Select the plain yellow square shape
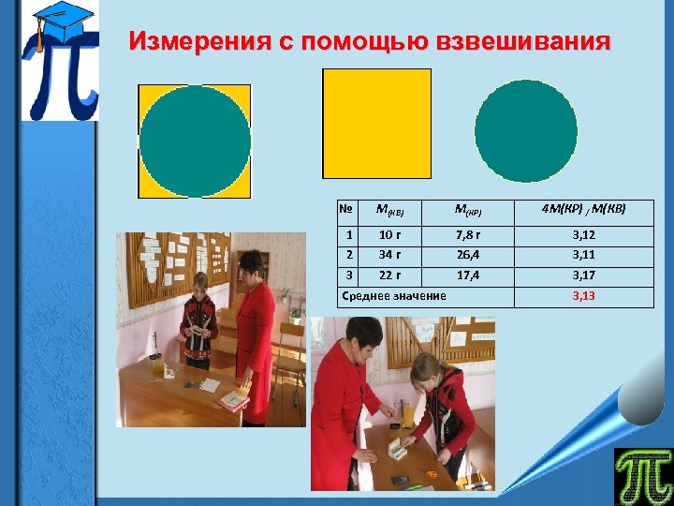(x=376, y=123)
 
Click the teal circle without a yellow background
(x=525, y=130)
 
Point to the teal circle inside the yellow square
(x=195, y=141)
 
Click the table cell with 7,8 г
(x=468, y=234)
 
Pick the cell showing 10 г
(x=389, y=234)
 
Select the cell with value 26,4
(x=468, y=255)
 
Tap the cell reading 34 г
(x=389, y=255)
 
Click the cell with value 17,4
(x=468, y=275)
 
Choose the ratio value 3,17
(x=583, y=275)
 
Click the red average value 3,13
(x=583, y=296)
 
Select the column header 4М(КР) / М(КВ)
(x=583, y=209)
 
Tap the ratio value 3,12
(x=583, y=234)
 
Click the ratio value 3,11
(x=583, y=255)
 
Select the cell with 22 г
(x=389, y=275)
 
